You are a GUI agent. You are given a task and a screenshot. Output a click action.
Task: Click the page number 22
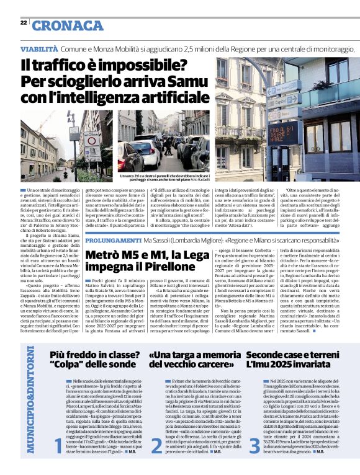[x=23, y=22]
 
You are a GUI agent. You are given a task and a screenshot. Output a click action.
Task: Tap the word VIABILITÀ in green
[x=40, y=48]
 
